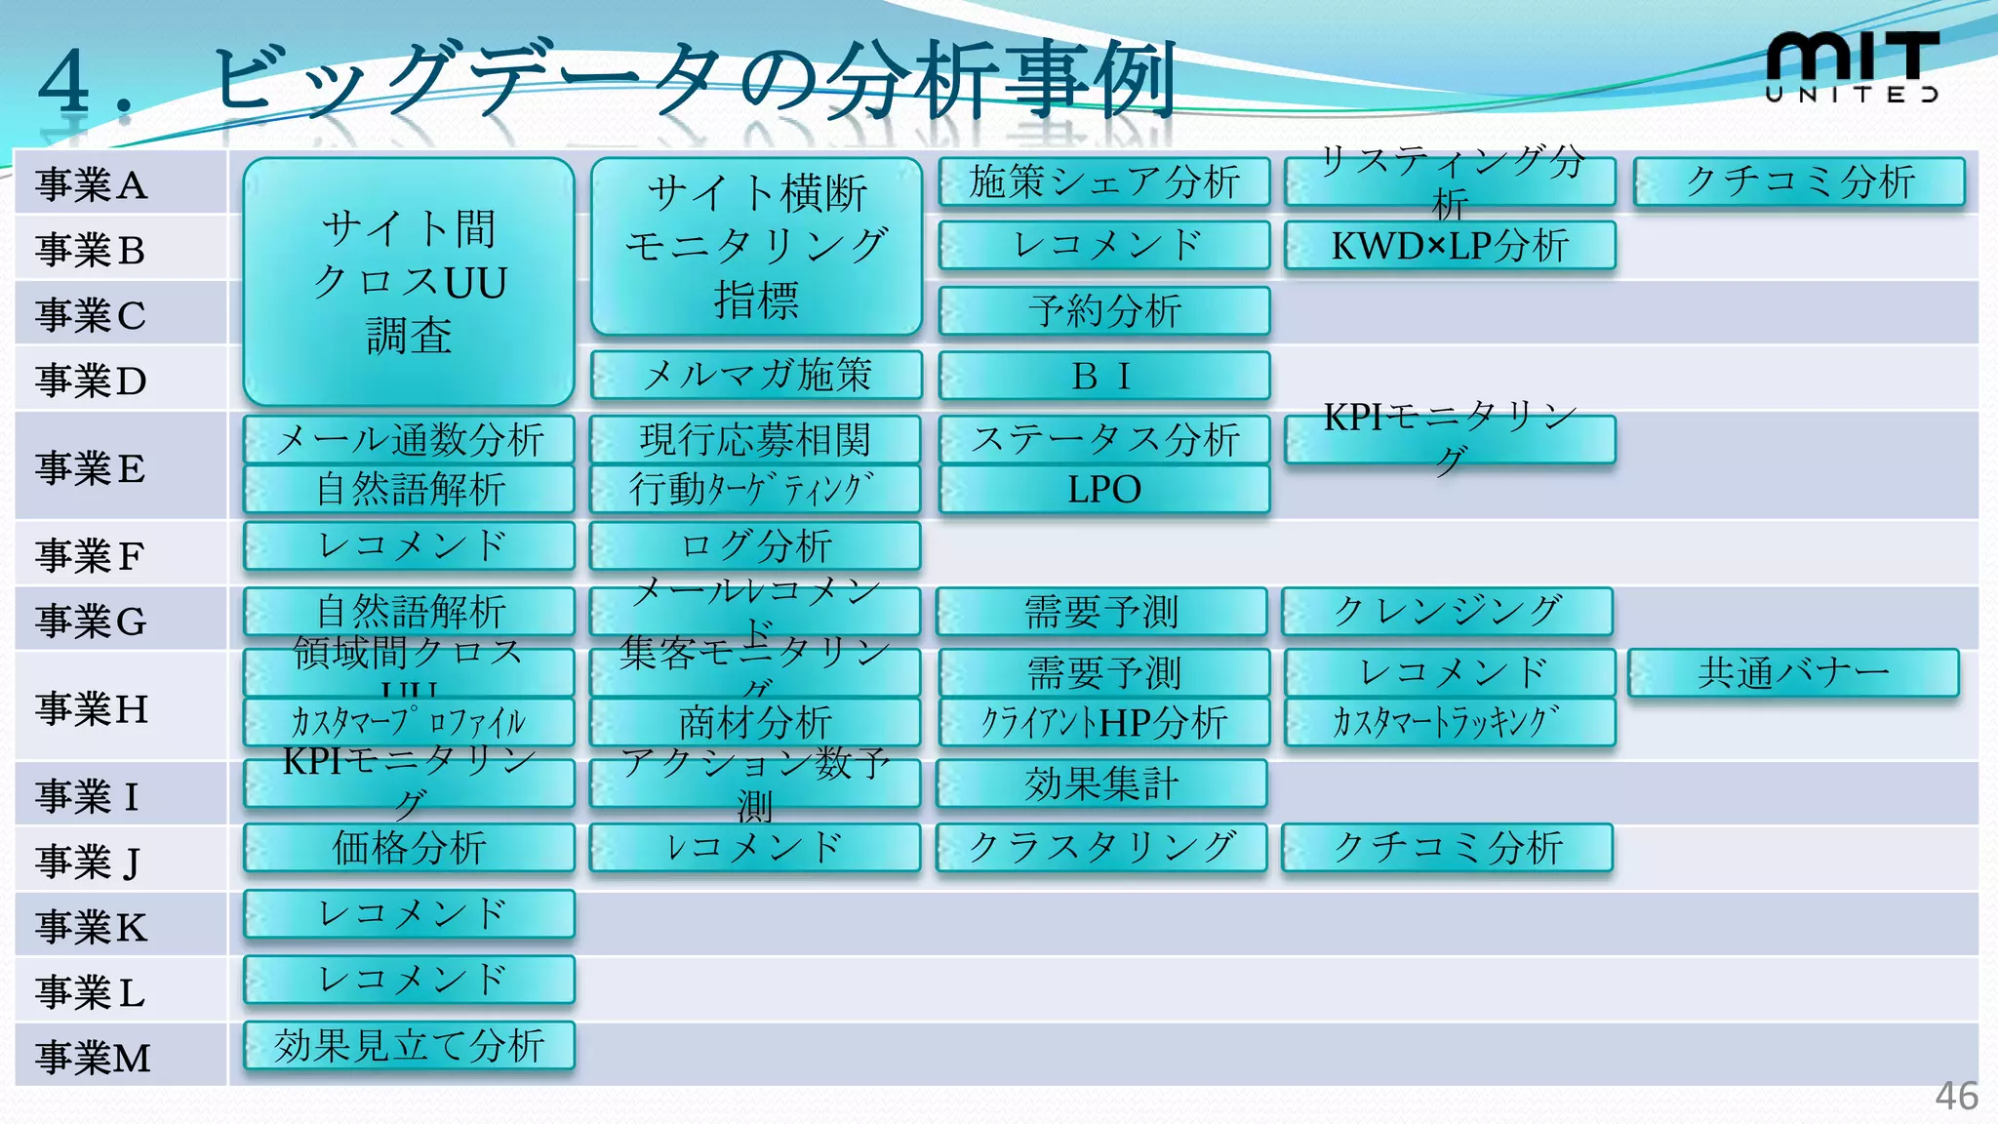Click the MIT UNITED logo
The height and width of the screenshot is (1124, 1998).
pos(1852,66)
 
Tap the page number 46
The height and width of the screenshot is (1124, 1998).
pos(1956,1096)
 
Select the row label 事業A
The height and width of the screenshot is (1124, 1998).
pos(91,184)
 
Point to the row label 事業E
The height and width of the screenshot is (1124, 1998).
pos(91,468)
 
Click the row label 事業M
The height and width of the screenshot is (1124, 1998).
pos(93,1058)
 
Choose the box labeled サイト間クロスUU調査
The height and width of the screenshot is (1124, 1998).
pos(409,281)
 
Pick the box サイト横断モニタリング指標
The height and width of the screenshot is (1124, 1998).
pos(756,246)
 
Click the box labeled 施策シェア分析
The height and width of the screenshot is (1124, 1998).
pos(1103,181)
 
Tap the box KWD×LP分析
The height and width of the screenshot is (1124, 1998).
pos(1450,246)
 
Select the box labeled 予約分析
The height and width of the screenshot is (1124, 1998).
pos(1103,311)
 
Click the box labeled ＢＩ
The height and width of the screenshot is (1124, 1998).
pos(1103,376)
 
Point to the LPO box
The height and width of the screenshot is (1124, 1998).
pos(1103,489)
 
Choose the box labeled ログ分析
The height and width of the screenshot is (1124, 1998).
pos(755,545)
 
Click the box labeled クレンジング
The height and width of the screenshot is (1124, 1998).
pos(1447,612)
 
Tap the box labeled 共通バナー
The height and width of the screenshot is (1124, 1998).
pos(1793,673)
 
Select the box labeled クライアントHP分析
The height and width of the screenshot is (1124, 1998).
pos(1103,723)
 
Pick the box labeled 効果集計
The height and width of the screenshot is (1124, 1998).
pos(1101,783)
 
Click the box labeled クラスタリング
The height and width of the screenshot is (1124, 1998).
pos(1101,847)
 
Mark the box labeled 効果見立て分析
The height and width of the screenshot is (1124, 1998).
pos(409,1046)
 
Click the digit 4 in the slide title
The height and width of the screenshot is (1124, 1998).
pos(64,82)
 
